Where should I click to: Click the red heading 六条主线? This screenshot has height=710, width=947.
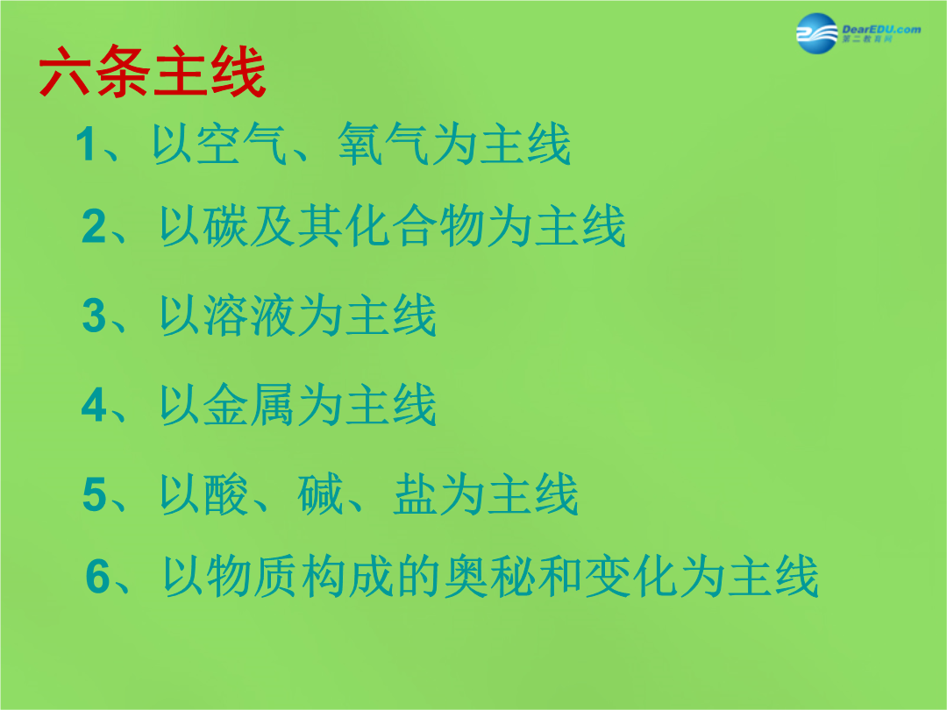point(153,71)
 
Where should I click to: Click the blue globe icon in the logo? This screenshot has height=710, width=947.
point(816,33)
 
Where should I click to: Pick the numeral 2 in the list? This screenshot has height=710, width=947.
point(94,226)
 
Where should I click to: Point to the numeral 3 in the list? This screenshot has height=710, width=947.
point(94,316)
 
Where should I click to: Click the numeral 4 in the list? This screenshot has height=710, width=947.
point(94,404)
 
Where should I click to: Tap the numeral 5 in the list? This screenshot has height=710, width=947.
point(95,494)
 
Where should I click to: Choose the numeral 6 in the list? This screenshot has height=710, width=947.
point(98,577)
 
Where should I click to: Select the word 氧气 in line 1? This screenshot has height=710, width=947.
point(383,144)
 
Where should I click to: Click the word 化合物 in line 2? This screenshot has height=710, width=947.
point(415,226)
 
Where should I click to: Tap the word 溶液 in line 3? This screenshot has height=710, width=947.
point(249,316)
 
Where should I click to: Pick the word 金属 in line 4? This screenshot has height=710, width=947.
point(249,404)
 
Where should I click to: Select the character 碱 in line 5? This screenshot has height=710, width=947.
point(320,494)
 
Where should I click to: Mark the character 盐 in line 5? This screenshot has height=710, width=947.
point(416,494)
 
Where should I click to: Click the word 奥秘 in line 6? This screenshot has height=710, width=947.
point(490,577)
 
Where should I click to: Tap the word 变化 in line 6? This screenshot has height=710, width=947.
point(631,577)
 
